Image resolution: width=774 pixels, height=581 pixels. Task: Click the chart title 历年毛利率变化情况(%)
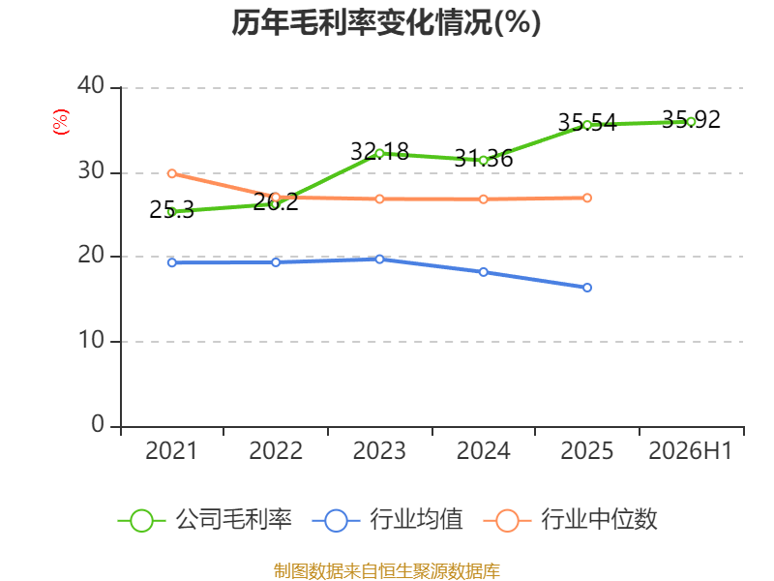pos(386,22)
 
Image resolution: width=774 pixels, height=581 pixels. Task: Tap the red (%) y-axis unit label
pos(61,122)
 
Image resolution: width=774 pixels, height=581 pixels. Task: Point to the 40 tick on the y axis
pos(91,85)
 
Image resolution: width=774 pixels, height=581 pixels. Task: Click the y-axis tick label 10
pos(91,340)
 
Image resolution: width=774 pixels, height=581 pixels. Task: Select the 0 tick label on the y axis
pos(98,424)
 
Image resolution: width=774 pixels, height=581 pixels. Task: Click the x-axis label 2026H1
pos(690,450)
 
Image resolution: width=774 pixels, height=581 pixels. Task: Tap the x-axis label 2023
pos(379,450)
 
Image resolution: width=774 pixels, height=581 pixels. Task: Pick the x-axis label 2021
pos(171,450)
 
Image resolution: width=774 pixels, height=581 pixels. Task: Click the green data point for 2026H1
pos(691,122)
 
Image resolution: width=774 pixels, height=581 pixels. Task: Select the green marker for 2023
pos(379,154)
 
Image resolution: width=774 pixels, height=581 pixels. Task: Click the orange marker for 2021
pos(172,173)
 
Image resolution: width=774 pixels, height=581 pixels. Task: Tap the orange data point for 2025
pos(587,199)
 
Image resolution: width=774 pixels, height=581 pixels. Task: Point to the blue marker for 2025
pos(587,288)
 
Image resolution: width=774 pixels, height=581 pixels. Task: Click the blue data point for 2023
pos(379,259)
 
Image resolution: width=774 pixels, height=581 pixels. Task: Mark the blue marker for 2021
pos(172,262)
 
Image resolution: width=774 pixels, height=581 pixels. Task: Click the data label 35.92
pos(691,119)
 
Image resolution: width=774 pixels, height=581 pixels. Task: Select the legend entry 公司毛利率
pos(205,520)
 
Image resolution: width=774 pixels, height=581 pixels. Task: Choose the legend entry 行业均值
pos(388,520)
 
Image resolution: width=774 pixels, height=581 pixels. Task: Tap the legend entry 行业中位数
pos(571,520)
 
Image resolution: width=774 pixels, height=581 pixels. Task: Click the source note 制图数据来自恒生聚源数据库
pos(387,571)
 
